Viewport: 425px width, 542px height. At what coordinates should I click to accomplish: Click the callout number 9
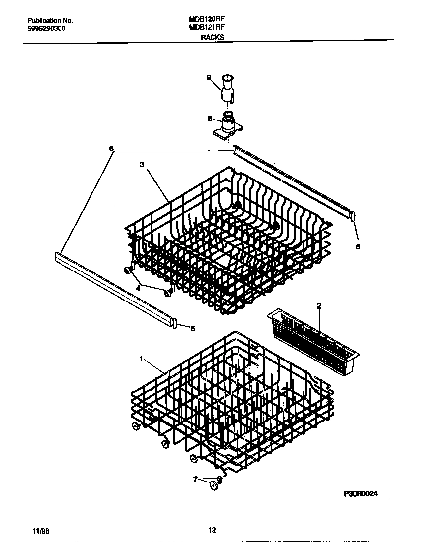(209, 78)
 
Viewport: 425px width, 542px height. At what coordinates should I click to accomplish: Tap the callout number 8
(210, 118)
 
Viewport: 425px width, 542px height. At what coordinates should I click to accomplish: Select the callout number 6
(111, 149)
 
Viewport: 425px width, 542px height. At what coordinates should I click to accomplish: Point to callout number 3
(142, 165)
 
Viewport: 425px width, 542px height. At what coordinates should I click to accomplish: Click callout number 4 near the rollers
(138, 289)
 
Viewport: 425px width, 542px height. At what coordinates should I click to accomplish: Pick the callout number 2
(319, 306)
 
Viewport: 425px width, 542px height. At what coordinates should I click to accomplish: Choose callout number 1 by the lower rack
(141, 359)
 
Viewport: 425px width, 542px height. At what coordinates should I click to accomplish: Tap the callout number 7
(196, 479)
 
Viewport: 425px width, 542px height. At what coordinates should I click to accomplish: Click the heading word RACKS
(212, 37)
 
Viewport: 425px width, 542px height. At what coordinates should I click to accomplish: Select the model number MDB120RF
(207, 20)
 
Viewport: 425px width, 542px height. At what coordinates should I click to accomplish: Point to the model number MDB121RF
(207, 28)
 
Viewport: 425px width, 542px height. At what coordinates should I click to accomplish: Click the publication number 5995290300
(47, 29)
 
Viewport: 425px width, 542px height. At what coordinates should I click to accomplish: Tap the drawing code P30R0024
(360, 494)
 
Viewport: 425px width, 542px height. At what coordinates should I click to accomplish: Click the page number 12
(212, 530)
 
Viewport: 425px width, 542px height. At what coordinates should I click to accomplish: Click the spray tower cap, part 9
(227, 87)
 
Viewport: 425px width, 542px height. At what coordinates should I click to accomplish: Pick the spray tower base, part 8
(228, 124)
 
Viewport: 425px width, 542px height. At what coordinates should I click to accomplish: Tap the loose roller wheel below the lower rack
(213, 486)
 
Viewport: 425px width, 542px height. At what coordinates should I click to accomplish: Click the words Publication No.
(50, 21)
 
